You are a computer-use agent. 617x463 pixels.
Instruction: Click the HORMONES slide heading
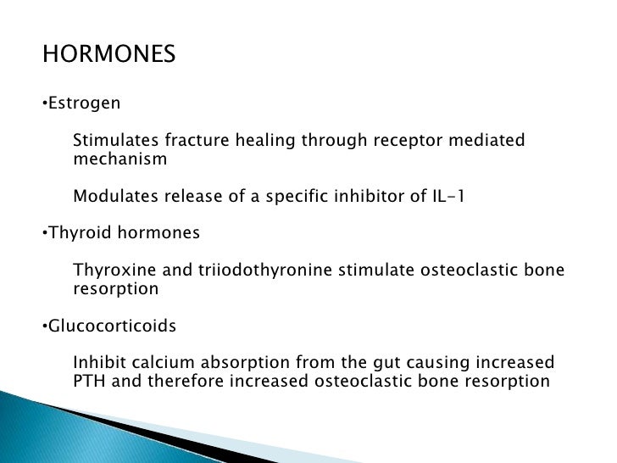click(x=108, y=55)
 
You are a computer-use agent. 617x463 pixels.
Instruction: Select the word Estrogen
click(x=84, y=103)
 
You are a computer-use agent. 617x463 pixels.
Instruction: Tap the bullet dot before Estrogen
click(x=43, y=103)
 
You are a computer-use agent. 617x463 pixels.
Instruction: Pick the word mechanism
click(x=120, y=159)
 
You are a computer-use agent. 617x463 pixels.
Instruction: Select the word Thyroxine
click(x=114, y=271)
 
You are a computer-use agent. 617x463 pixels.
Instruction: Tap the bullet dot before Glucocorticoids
click(x=43, y=325)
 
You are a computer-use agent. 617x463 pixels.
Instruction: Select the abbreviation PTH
click(x=90, y=381)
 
